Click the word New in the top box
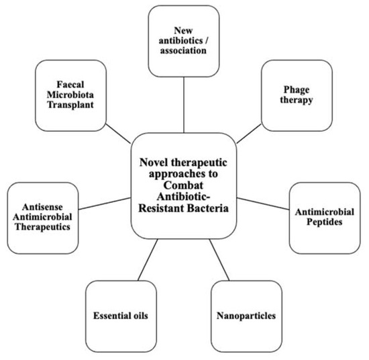pyautogui.click(x=182, y=30)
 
